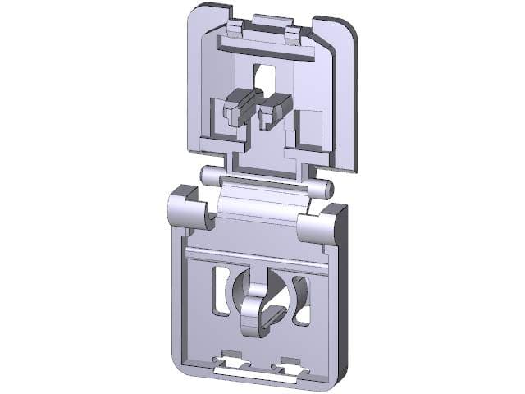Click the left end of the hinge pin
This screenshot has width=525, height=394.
(206, 175)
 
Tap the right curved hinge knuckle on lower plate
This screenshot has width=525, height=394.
(318, 228)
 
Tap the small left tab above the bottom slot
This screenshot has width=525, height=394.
(232, 359)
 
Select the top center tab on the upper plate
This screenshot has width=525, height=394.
(273, 21)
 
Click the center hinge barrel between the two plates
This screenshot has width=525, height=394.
(262, 200)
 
